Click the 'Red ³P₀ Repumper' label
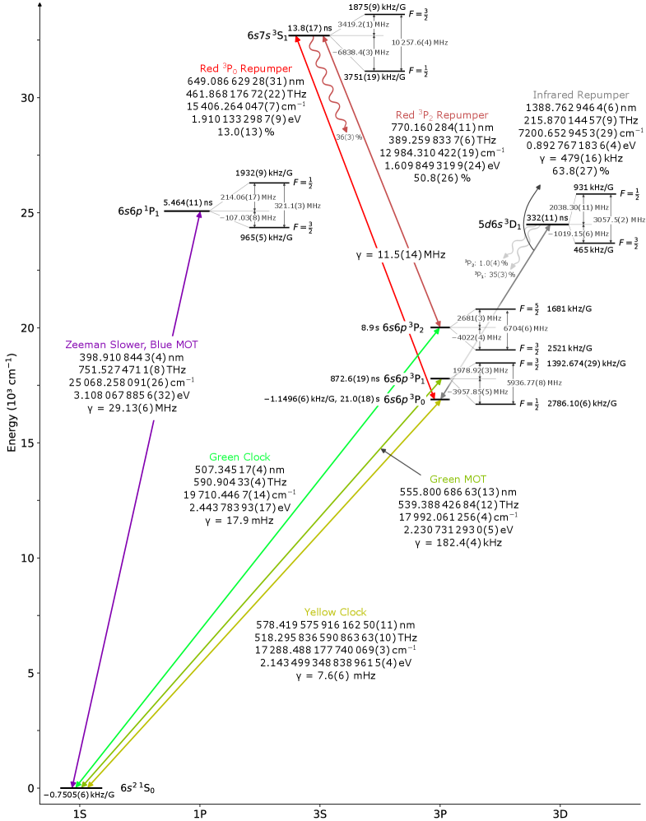pyautogui.click(x=245, y=69)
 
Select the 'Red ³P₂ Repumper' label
pyautogui.click(x=442, y=116)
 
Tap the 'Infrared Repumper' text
pyautogui.click(x=580, y=95)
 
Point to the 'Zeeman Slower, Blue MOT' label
pyautogui.click(x=132, y=345)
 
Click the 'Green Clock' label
pyautogui.click(x=239, y=457)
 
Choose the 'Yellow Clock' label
pyautogui.click(x=335, y=612)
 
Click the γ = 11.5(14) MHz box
pyautogui.click(x=400, y=255)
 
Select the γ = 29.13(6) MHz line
pyautogui.click(x=132, y=408)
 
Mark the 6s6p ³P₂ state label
pyautogui.click(x=403, y=327)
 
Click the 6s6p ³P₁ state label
pyautogui.click(x=403, y=379)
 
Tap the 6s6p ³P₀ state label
pyautogui.click(x=404, y=400)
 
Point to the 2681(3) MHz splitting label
pyautogui.click(x=478, y=318)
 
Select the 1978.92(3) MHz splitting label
pyautogui.click(x=478, y=371)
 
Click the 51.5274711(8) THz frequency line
pyautogui.click(x=136, y=370)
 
